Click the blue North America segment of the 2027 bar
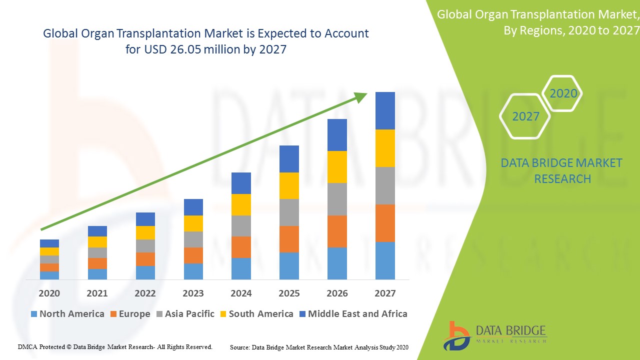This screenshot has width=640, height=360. [385, 260]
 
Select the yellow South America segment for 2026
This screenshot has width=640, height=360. [337, 167]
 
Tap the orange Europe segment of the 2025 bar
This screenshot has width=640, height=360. [289, 239]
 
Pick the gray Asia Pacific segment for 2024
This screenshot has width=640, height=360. [241, 226]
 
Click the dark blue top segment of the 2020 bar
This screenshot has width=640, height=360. [49, 243]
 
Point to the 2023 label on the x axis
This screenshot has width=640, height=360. [193, 293]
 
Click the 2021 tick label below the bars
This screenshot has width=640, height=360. [97, 293]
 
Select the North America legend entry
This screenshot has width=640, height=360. [67, 314]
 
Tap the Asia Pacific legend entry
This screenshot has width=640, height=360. [185, 314]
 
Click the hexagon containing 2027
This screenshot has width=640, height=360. [525, 116]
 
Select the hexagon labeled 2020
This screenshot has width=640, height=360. [563, 93]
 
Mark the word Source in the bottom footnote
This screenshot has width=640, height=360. [239, 347]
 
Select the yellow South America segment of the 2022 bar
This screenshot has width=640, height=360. [145, 232]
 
